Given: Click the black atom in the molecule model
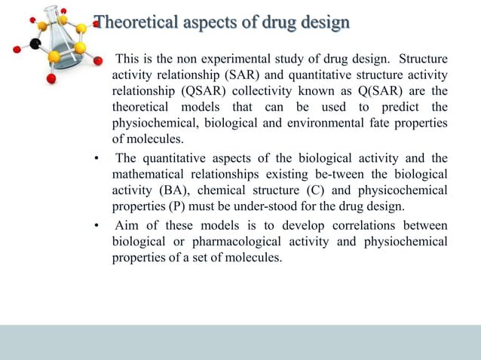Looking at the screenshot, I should point(35,44).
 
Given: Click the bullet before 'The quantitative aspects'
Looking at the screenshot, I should point(97,158).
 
